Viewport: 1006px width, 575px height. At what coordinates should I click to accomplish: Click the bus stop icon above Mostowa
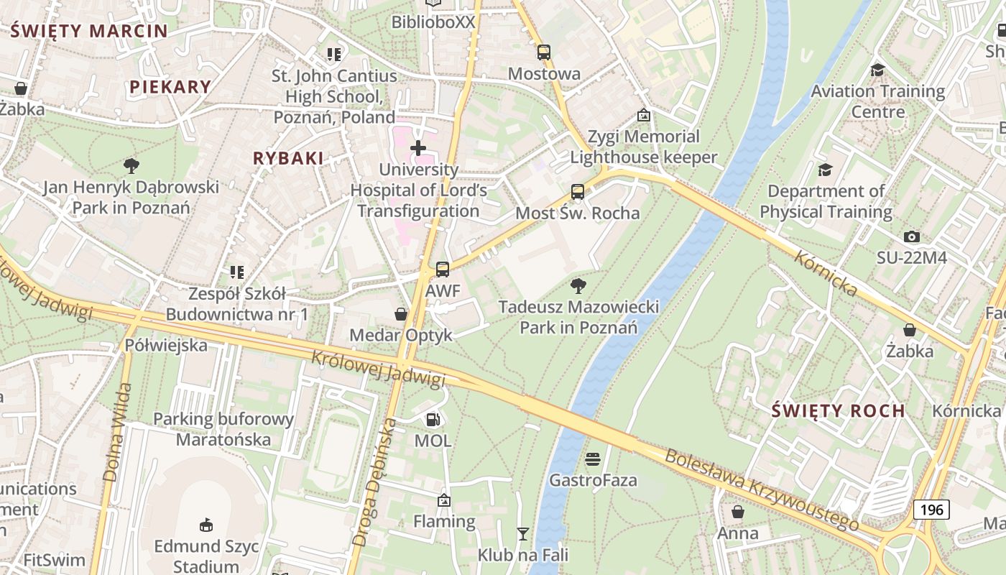pyautogui.click(x=544, y=52)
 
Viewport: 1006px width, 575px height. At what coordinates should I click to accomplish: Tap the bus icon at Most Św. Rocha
pyautogui.click(x=578, y=192)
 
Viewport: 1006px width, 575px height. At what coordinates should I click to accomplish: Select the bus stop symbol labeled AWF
pyautogui.click(x=443, y=270)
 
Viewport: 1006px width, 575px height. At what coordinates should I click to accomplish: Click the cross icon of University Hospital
pyautogui.click(x=418, y=148)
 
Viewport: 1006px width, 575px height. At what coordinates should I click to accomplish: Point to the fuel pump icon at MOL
pyautogui.click(x=433, y=419)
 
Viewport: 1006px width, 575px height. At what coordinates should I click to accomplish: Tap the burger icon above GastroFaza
pyautogui.click(x=593, y=459)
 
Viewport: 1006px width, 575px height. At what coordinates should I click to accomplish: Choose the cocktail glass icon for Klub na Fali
pyautogui.click(x=523, y=533)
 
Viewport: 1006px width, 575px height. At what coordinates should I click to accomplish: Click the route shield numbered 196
pyautogui.click(x=931, y=510)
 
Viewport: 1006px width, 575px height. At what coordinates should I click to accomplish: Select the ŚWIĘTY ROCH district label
pyautogui.click(x=838, y=411)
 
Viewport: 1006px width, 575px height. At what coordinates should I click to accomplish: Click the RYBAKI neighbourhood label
pyautogui.click(x=287, y=158)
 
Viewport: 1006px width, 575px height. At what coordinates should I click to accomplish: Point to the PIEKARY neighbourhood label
pyautogui.click(x=170, y=87)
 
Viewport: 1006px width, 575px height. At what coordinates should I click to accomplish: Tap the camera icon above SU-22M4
pyautogui.click(x=912, y=236)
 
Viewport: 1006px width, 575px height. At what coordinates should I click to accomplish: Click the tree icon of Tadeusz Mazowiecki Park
pyautogui.click(x=578, y=286)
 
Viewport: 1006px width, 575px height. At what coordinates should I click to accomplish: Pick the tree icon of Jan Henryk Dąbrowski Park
pyautogui.click(x=131, y=166)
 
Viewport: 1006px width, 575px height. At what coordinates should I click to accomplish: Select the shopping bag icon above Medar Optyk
pyautogui.click(x=401, y=314)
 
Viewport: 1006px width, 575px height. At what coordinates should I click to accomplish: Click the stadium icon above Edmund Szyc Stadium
pyautogui.click(x=206, y=525)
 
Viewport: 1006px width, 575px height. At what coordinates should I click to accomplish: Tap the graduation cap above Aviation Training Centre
pyautogui.click(x=877, y=70)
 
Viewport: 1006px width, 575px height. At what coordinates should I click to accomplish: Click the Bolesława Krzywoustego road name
pyautogui.click(x=761, y=490)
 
